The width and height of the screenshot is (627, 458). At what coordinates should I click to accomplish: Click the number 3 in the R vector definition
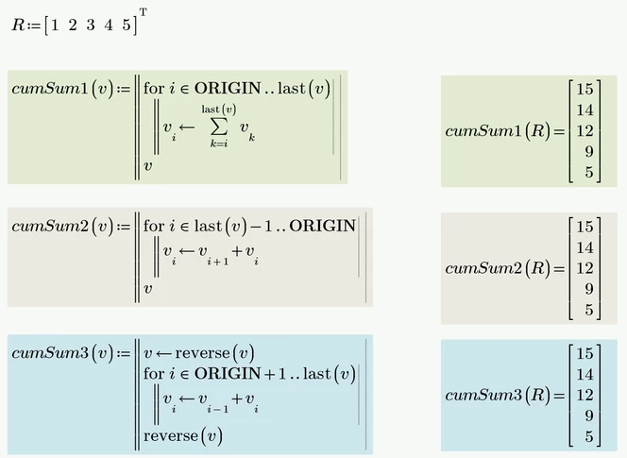click(x=91, y=25)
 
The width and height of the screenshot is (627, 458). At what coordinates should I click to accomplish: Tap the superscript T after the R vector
click(x=144, y=12)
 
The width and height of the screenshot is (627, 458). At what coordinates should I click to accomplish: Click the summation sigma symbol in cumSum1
click(x=219, y=127)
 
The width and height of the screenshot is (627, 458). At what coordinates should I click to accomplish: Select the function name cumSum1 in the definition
click(x=50, y=89)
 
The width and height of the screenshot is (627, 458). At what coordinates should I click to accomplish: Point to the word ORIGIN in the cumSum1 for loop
click(x=228, y=88)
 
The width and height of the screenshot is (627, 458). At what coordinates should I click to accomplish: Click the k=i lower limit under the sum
click(x=219, y=144)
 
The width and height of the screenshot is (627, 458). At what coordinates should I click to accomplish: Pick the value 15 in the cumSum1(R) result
click(x=585, y=89)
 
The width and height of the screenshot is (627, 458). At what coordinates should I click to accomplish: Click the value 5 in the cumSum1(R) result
click(x=588, y=172)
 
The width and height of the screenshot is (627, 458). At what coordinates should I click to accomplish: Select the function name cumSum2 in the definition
click(x=50, y=226)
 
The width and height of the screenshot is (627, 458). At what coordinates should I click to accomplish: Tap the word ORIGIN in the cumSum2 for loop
click(x=322, y=226)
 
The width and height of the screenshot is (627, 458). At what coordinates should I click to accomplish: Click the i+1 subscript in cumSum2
click(x=218, y=262)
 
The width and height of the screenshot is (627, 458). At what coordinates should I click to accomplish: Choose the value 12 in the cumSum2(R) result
click(x=585, y=268)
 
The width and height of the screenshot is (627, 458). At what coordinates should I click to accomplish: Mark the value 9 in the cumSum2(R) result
click(x=588, y=289)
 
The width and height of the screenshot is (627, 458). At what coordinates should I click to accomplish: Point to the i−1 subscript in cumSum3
click(x=218, y=409)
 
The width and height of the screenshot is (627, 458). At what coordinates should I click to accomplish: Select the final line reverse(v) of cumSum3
click(x=183, y=436)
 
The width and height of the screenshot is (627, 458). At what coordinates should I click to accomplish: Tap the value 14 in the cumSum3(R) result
click(x=585, y=374)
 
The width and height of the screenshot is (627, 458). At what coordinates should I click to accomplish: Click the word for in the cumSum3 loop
click(x=154, y=374)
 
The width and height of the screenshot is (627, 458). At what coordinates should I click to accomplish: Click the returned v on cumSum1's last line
click(x=148, y=166)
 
